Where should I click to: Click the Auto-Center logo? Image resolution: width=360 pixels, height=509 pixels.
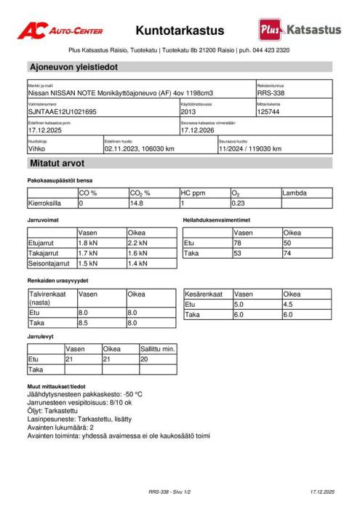(x=60, y=31)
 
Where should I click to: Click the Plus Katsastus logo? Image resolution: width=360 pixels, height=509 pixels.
(x=299, y=30)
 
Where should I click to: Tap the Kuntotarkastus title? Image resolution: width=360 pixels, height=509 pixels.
(x=180, y=31)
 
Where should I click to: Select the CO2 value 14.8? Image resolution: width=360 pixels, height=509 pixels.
(x=136, y=204)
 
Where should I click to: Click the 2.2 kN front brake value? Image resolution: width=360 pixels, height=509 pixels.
(x=137, y=241)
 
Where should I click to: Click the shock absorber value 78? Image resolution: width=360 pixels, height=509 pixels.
(x=237, y=242)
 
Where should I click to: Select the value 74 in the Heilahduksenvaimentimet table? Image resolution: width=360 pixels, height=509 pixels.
(x=287, y=252)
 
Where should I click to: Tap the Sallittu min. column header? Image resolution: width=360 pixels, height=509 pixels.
(x=158, y=349)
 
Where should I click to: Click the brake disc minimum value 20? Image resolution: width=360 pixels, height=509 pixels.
(x=144, y=359)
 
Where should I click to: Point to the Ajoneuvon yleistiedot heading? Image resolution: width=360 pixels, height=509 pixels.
(x=73, y=67)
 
